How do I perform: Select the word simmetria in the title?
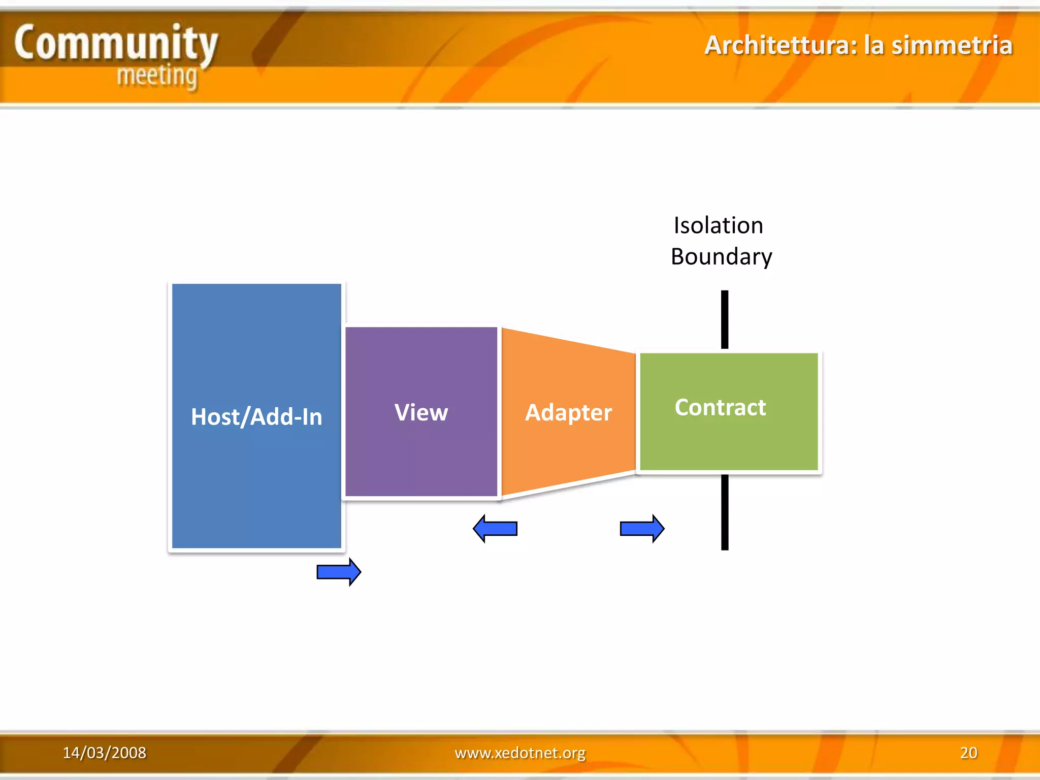coord(952,45)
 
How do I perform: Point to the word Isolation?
coord(718,225)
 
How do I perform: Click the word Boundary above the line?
coord(721,257)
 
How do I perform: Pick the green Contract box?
coord(729,442)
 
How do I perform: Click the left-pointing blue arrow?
coord(495,529)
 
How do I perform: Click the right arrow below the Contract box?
coord(642,529)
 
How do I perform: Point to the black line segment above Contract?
coord(725,319)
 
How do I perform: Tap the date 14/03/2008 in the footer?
coord(104,753)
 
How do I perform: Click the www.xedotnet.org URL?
coord(520,753)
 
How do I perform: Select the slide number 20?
coord(968,753)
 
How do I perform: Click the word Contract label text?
coord(720,407)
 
